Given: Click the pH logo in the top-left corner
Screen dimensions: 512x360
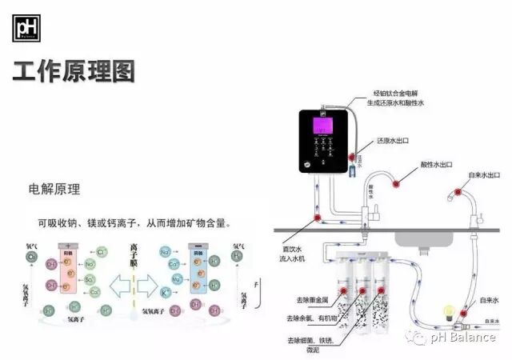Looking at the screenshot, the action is coord(26,28).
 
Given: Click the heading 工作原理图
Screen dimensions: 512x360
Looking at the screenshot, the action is coord(74,72).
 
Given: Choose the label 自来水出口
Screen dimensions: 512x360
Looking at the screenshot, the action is coord(484,175).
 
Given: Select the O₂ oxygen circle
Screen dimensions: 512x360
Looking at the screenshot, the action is coord(31,257).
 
